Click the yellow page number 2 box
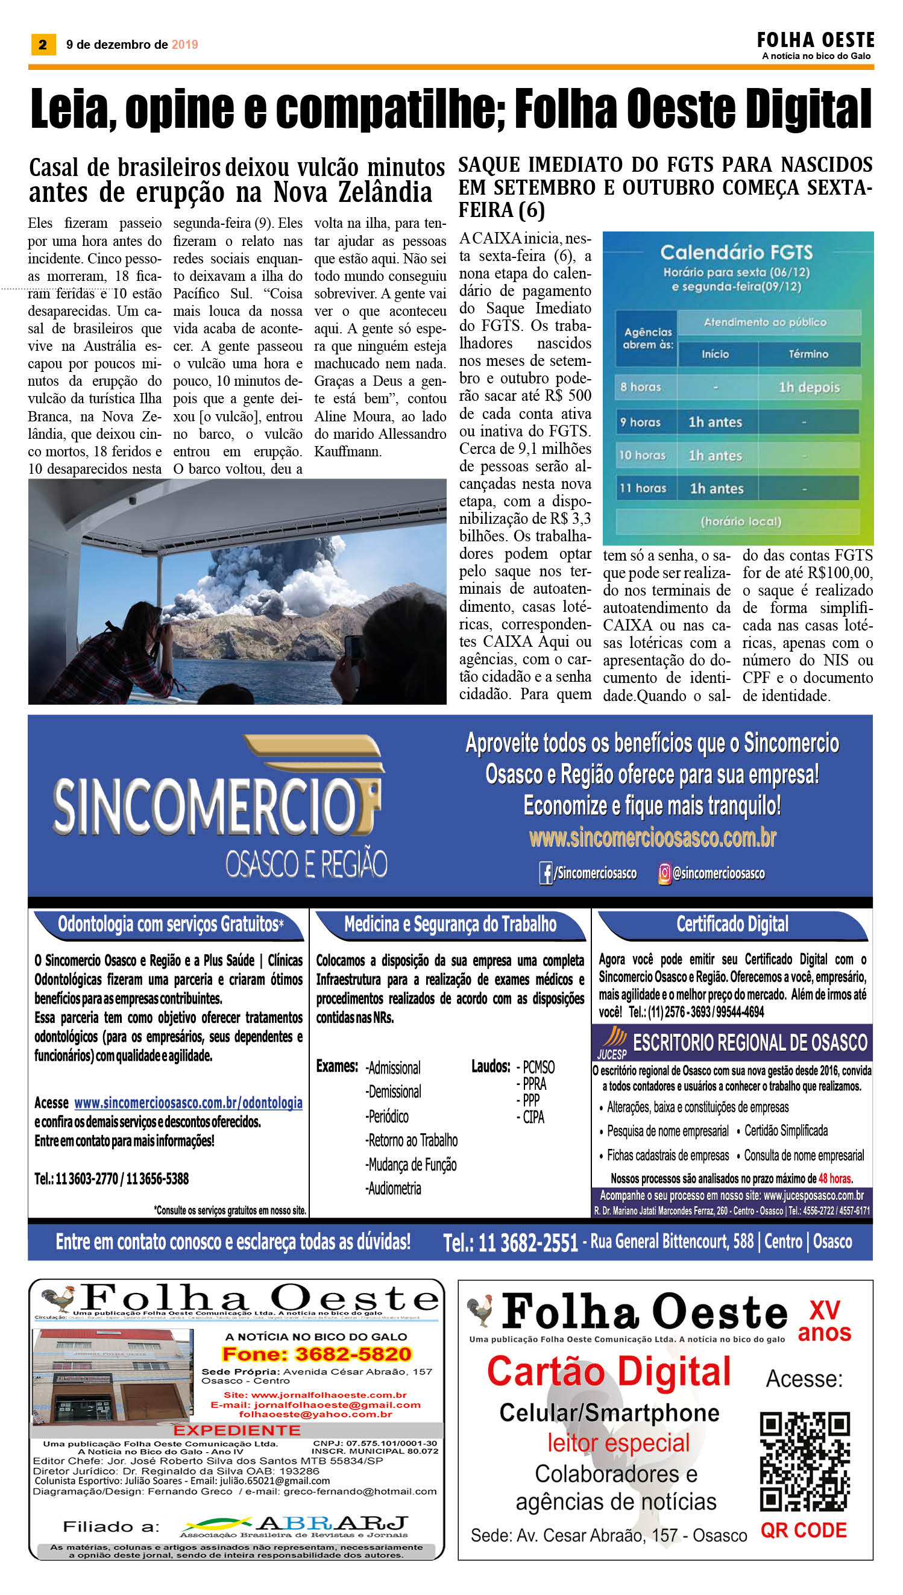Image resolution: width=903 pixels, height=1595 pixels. click(43, 44)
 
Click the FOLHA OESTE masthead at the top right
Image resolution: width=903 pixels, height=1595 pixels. click(815, 41)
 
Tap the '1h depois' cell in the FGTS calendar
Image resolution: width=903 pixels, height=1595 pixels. click(809, 387)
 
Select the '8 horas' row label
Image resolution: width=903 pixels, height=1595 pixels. click(641, 387)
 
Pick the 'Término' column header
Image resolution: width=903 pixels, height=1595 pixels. click(808, 354)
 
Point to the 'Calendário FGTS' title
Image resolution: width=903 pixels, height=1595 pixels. click(736, 252)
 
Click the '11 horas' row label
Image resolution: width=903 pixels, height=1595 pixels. click(643, 488)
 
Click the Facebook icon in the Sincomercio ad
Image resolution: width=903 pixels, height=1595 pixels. click(546, 874)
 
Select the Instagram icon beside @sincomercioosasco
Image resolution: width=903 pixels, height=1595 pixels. click(664, 874)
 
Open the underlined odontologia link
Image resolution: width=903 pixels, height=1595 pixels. click(188, 1103)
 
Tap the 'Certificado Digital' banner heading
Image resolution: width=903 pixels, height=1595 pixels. click(732, 924)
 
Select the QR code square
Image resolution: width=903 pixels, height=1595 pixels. click(804, 1461)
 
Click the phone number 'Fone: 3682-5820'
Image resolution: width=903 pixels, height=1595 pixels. click(316, 1354)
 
